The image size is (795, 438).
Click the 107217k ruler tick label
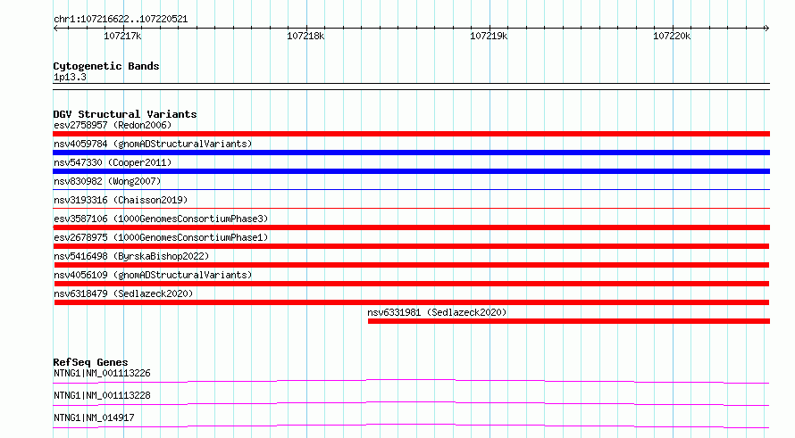122,36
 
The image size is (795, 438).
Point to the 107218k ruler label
305,36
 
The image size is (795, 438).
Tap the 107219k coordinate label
489,36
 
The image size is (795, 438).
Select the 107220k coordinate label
672,36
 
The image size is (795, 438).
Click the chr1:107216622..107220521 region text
121,19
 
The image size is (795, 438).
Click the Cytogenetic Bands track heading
106,66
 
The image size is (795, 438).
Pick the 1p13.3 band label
70,77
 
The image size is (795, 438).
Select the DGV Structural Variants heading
125,114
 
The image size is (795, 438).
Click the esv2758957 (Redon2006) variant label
113,125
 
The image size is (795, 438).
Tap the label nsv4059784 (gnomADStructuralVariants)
153,144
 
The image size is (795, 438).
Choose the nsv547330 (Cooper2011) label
113,162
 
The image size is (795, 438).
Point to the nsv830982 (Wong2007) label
107,181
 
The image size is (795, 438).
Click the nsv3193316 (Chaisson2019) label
121,200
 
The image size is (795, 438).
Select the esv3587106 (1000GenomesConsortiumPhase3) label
161,219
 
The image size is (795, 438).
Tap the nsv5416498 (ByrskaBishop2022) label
131,256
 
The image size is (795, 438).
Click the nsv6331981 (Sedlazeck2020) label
437,312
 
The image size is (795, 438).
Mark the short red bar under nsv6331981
569,321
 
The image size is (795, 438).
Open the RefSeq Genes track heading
90,362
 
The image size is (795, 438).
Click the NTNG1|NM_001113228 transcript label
102,395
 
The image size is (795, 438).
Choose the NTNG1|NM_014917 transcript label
94,417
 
